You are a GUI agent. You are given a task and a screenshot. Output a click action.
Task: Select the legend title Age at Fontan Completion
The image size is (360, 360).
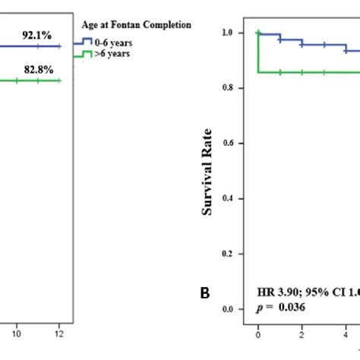tap(136, 25)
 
